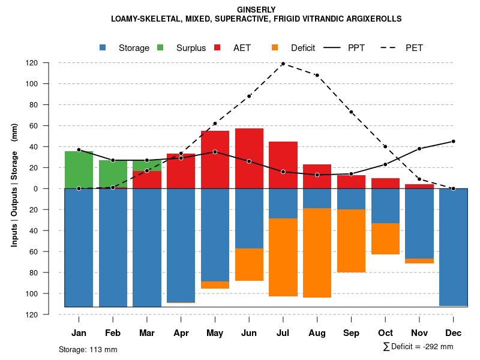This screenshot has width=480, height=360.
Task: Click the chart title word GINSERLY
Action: tap(256, 10)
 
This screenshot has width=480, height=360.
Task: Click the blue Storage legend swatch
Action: tap(103, 48)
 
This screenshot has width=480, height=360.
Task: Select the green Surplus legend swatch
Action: tap(160, 48)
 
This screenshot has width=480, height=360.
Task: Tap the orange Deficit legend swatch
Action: tap(275, 48)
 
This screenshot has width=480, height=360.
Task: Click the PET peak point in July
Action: tap(283, 64)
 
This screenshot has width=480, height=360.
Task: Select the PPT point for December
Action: tap(453, 142)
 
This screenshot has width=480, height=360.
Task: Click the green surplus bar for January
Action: tap(79, 169)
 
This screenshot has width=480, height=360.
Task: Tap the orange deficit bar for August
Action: tap(317, 253)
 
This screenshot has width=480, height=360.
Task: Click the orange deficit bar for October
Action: tap(385, 239)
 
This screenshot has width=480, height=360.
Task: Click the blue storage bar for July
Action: tap(283, 203)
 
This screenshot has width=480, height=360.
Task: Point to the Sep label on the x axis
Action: tap(351, 333)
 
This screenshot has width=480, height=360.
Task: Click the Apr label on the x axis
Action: tap(181, 333)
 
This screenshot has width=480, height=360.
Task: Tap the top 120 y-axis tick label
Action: tap(49, 63)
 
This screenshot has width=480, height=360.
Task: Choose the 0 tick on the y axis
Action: tap(53, 189)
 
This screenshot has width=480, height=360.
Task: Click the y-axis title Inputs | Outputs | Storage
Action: tap(14, 185)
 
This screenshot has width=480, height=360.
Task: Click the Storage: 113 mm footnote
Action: tap(88, 349)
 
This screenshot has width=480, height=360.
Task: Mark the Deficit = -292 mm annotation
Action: tap(418, 347)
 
